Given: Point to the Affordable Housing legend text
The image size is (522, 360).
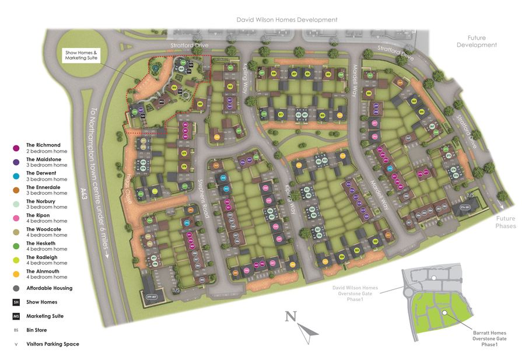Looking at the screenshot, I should (x=49, y=288).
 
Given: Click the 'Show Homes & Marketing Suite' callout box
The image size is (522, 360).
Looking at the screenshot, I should (x=81, y=56).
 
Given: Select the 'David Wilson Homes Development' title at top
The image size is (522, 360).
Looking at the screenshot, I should (x=286, y=20).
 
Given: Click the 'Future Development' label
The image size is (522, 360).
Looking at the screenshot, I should (x=476, y=41).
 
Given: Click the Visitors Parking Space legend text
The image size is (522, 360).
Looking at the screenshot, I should (x=52, y=344).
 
